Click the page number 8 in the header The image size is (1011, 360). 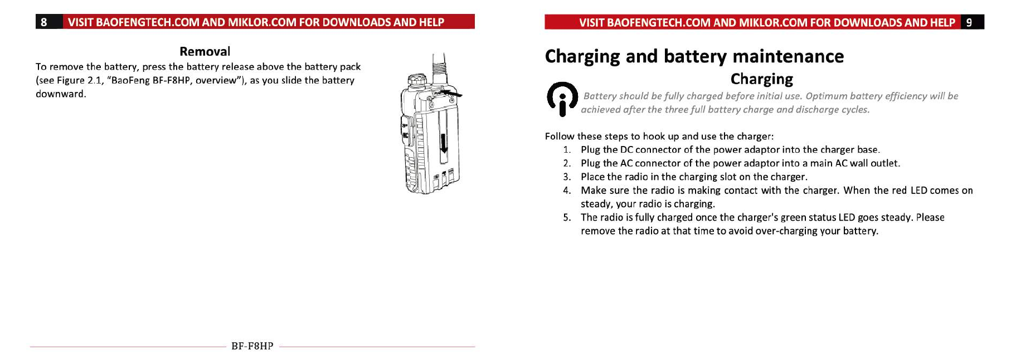coord(44,22)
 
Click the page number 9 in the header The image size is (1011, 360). coord(969,22)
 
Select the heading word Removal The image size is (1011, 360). coord(205,51)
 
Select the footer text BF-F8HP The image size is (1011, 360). coord(252,346)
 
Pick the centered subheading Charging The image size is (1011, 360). coord(761,79)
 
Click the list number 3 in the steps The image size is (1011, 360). coord(566,177)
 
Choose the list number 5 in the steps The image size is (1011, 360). coord(566,218)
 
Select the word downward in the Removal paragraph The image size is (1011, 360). coord(60,94)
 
